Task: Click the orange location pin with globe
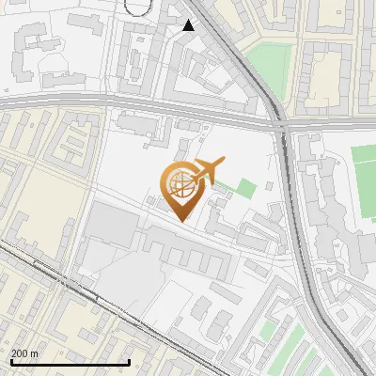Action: click(182, 188)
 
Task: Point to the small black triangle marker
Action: click(189, 25)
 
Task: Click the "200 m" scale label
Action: click(25, 353)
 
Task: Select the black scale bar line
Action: click(70, 362)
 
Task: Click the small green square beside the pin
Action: click(244, 188)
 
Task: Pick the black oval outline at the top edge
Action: click(137, 6)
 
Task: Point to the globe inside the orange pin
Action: click(181, 185)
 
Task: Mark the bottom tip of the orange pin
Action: click(181, 220)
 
